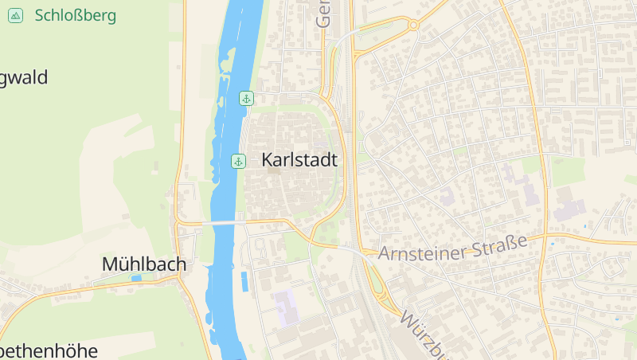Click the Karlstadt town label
[x=299, y=160]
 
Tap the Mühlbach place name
[x=144, y=264]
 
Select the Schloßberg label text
[x=76, y=15]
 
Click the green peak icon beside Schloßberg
[x=15, y=15]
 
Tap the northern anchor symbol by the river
[x=246, y=98]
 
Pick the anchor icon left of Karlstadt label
[x=238, y=162]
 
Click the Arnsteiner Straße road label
[x=453, y=248]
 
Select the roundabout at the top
[x=413, y=25]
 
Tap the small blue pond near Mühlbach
[x=136, y=278]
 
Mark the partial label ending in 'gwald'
[x=24, y=78]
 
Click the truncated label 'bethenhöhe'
[x=48, y=350]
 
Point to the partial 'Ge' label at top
[x=322, y=14]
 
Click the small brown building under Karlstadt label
[x=274, y=170]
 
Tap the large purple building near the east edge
[x=570, y=209]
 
